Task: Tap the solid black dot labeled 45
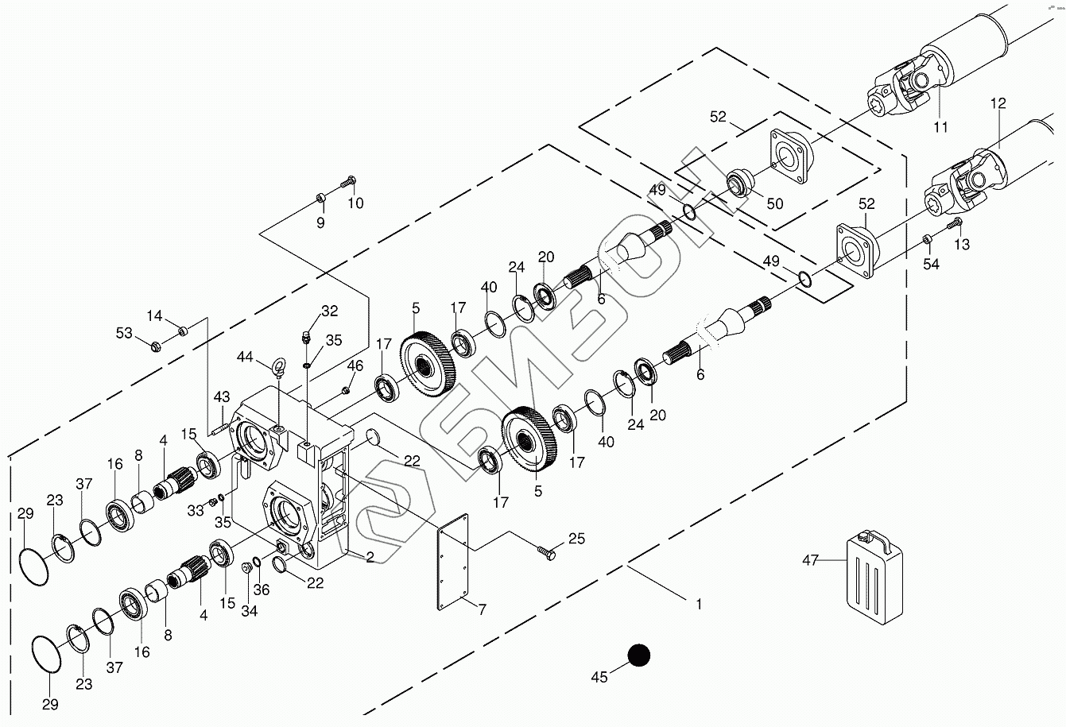[x=638, y=655]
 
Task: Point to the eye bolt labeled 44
[x=278, y=368]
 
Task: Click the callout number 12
[x=998, y=103]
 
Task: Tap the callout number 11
[x=941, y=126]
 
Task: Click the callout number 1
[x=699, y=605]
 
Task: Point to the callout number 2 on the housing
[x=370, y=557]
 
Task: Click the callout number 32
[x=329, y=311]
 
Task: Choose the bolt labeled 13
[x=956, y=223]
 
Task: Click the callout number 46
[x=355, y=366]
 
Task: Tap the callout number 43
[x=221, y=396]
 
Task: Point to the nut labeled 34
[x=246, y=567]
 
